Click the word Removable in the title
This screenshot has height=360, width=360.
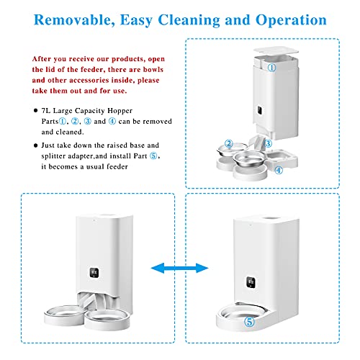(x=74, y=20)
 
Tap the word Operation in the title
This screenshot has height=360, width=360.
(x=291, y=20)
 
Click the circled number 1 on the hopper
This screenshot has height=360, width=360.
(x=271, y=68)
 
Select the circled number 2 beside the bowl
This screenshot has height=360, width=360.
(x=229, y=143)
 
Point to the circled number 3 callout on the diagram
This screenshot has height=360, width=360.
(x=268, y=143)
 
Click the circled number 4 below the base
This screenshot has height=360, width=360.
(x=279, y=170)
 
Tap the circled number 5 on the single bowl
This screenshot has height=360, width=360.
(x=249, y=322)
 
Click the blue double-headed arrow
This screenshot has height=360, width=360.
(x=179, y=268)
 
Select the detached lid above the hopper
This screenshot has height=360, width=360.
(x=276, y=50)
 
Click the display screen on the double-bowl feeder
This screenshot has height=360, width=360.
(x=94, y=273)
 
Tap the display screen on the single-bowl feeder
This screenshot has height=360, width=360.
(x=251, y=282)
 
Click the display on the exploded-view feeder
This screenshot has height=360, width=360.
(x=260, y=110)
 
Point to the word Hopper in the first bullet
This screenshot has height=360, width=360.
(x=120, y=111)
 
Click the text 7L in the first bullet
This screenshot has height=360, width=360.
(x=45, y=111)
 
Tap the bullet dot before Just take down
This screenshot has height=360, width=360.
(x=36, y=145)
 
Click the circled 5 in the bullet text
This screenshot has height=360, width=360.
(x=153, y=156)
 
